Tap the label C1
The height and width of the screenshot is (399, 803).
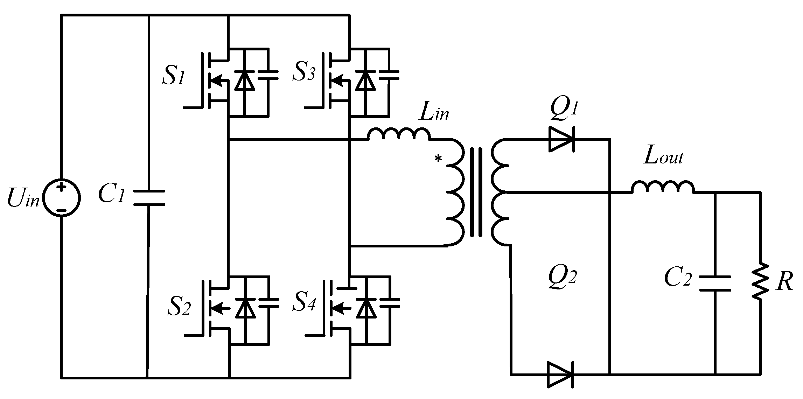click(x=111, y=196)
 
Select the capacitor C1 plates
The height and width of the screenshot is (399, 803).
click(x=149, y=198)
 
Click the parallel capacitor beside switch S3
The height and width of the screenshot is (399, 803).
click(x=389, y=75)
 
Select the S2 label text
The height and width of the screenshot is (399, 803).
click(x=179, y=307)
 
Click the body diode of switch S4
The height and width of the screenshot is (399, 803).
click(x=366, y=308)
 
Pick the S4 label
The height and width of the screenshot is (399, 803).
click(x=304, y=304)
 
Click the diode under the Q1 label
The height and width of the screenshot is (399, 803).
click(x=561, y=139)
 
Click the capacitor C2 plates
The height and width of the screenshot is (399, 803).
click(x=715, y=283)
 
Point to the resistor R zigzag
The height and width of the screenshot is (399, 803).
click(x=760, y=282)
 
